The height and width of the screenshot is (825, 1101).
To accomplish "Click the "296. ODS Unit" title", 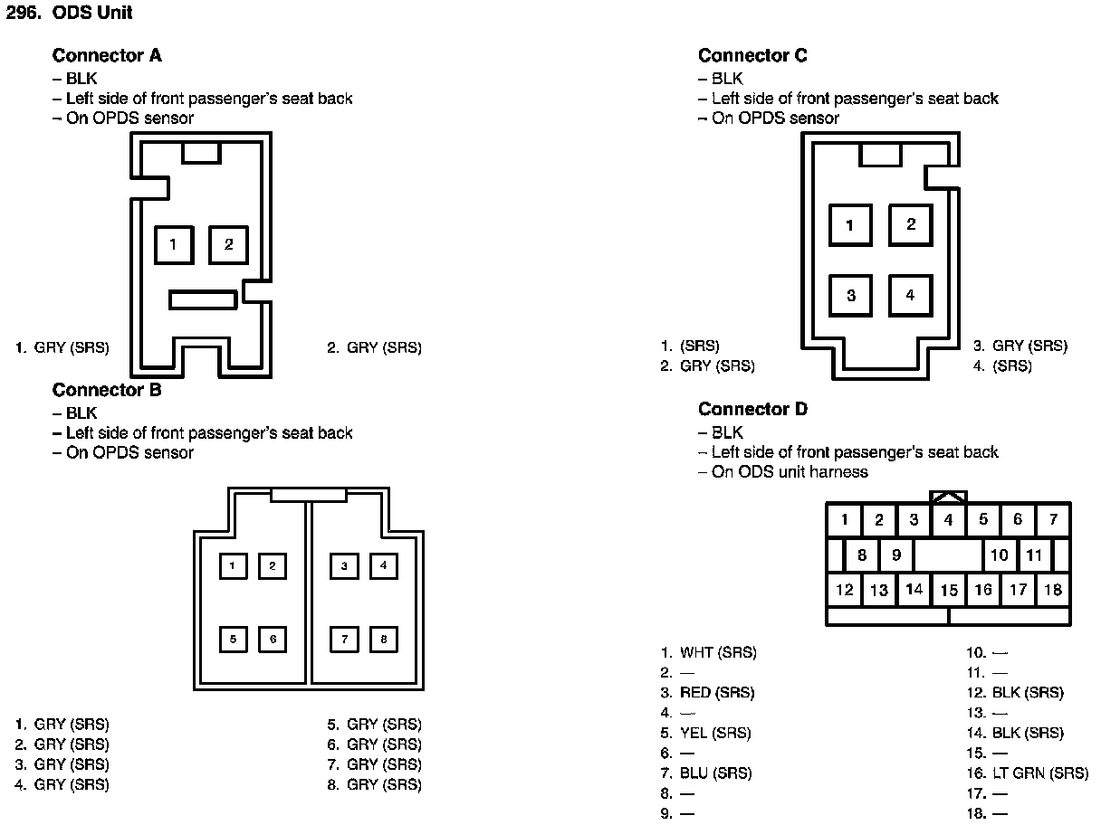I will (70, 14).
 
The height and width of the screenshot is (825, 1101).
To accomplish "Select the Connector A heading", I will (107, 56).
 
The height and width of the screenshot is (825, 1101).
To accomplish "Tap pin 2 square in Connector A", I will (229, 244).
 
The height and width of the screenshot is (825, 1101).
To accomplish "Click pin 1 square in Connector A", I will (173, 244).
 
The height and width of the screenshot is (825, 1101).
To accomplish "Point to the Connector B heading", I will (107, 391).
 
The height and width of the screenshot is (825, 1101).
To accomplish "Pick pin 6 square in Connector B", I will (273, 640).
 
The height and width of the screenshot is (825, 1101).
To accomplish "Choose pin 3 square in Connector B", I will (344, 566).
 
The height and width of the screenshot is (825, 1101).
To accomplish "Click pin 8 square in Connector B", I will (384, 640).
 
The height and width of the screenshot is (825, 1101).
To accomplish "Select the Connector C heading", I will (752, 56).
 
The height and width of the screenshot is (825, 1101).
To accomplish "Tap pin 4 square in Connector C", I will (910, 295).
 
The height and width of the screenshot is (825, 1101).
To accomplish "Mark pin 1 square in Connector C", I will (850, 225).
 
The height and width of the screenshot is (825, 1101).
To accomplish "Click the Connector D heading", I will (752, 410).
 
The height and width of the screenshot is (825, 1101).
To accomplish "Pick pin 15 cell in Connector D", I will (948, 591).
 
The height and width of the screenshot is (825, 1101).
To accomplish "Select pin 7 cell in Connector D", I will (1053, 520).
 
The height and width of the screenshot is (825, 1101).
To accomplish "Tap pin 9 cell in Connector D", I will (895, 555).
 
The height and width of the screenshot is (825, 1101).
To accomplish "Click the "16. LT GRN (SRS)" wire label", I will (1027, 773).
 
